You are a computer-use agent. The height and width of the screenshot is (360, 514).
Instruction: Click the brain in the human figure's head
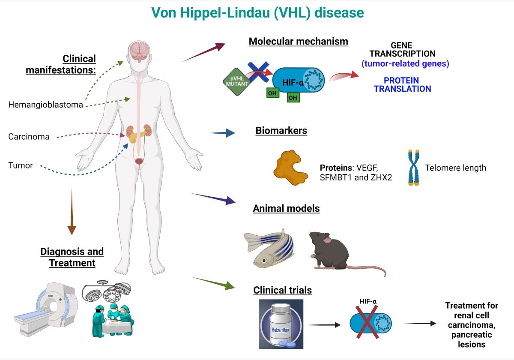pos(140,51)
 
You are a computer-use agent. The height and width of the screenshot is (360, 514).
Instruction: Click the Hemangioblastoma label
pos(45,105)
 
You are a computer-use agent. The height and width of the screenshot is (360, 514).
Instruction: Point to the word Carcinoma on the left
pos(29,137)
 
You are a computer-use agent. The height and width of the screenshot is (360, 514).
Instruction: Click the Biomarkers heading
pos(281,131)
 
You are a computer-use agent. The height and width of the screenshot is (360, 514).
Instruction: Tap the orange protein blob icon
pos(290,168)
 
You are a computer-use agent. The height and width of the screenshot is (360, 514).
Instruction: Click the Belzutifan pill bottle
pos(281,324)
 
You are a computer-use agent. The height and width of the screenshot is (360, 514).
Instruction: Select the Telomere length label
pos(455,168)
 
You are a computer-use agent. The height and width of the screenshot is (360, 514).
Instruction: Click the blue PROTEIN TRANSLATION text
pos(401,85)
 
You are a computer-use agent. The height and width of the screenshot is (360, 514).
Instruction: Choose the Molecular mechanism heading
pos(298,42)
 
